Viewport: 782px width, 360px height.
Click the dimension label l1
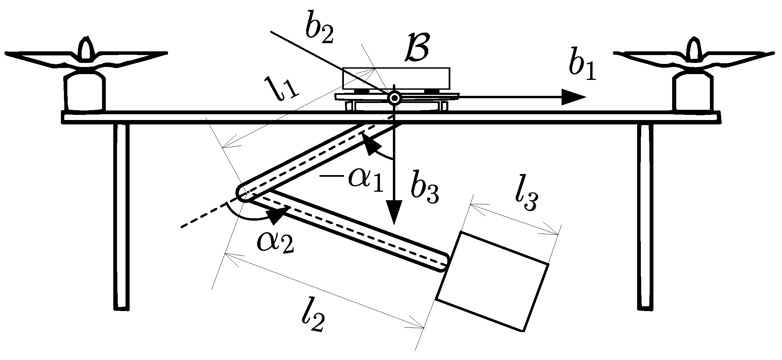pos(282,87)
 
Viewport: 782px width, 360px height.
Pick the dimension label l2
pos(312,319)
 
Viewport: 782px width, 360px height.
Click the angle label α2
pos(275,241)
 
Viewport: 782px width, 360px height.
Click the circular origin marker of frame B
pos(395,99)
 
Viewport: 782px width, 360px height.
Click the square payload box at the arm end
pos(492,281)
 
